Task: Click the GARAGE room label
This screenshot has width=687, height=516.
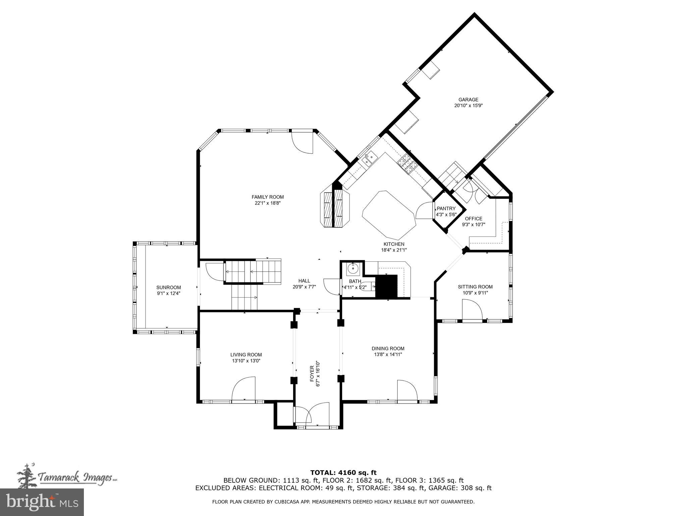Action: [x=468, y=99]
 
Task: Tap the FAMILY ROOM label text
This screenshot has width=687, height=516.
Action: [x=268, y=197]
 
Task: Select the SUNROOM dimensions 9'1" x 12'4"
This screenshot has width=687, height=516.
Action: [x=169, y=293]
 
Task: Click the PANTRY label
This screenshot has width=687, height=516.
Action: [x=446, y=209]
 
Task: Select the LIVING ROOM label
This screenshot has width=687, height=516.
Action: [x=246, y=355]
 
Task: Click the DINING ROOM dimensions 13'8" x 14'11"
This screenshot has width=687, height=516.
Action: [x=388, y=354]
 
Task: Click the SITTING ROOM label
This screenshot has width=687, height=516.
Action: [x=475, y=287]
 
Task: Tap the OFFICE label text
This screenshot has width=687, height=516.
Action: [x=473, y=219]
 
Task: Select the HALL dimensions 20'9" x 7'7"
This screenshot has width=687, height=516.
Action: [x=304, y=287]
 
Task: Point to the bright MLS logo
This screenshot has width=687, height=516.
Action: [x=42, y=502]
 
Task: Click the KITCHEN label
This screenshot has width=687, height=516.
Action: [x=394, y=244]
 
